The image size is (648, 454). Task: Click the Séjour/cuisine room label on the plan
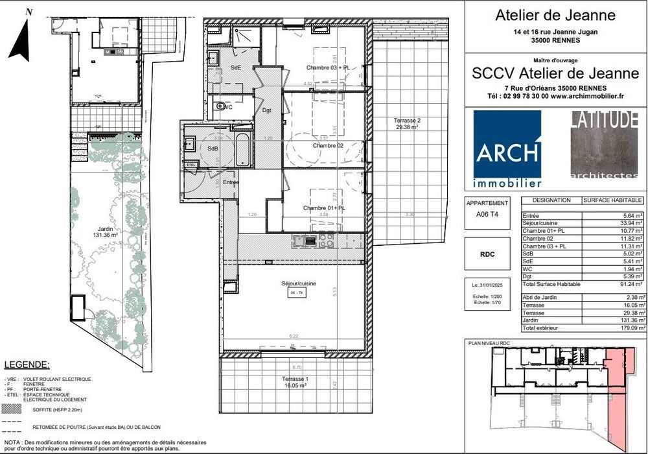(295, 283)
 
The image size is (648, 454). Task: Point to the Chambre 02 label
(328, 145)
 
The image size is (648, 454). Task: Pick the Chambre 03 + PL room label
(328, 67)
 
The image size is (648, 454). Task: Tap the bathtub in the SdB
(243, 149)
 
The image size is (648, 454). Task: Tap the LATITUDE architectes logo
(604, 145)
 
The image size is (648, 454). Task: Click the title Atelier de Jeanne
(555, 15)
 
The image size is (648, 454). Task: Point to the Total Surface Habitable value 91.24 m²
(628, 284)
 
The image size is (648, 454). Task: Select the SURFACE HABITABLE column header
(612, 200)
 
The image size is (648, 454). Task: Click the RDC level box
(488, 254)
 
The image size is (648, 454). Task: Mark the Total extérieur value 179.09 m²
(628, 328)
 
